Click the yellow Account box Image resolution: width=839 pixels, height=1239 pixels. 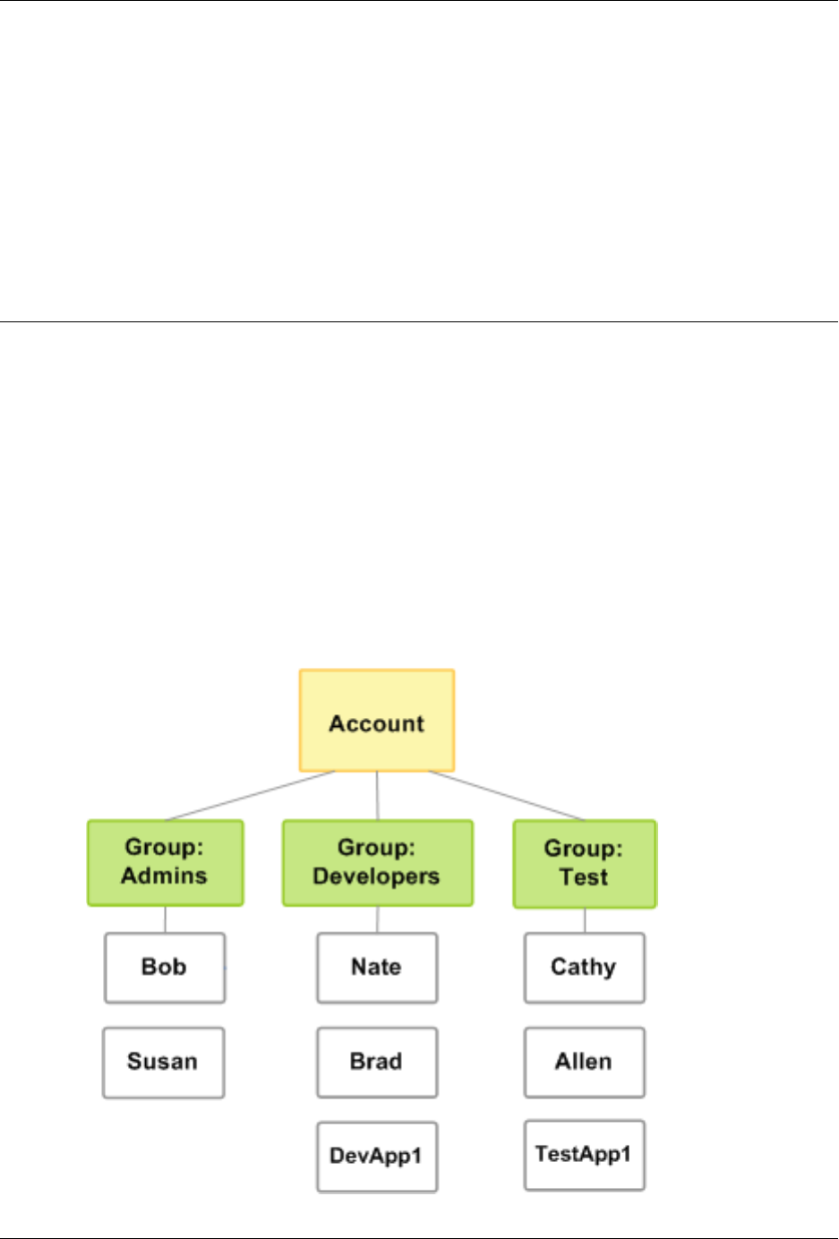tap(377, 721)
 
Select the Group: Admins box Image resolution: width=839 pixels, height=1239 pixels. tap(165, 863)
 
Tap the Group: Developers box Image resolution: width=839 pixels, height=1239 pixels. tap(377, 863)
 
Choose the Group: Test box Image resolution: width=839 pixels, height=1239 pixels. tap(585, 864)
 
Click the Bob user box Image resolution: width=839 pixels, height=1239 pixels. tap(165, 968)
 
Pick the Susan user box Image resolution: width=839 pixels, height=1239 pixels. tap(163, 1062)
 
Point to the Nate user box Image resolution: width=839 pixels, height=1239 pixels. tap(377, 968)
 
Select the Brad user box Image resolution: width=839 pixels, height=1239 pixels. tap(377, 1062)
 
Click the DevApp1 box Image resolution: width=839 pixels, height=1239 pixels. tap(377, 1157)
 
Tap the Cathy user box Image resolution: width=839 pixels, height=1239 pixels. tap(585, 968)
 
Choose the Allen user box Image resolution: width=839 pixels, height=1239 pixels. tap(585, 1062)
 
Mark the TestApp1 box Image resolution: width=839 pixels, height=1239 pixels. tap(585, 1155)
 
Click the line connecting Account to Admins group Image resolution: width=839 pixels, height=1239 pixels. tap(251, 796)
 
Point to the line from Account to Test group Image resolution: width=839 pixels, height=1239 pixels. tap(507, 796)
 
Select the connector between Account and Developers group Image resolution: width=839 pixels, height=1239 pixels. tap(377, 796)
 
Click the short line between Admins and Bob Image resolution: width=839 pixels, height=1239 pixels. tap(165, 919)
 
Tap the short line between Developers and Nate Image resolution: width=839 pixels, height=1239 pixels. tap(377, 919)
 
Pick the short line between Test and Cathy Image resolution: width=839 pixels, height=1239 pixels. tap(585, 921)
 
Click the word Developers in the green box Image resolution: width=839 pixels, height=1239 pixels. tap(377, 876)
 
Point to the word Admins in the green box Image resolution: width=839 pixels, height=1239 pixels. tap(165, 876)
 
